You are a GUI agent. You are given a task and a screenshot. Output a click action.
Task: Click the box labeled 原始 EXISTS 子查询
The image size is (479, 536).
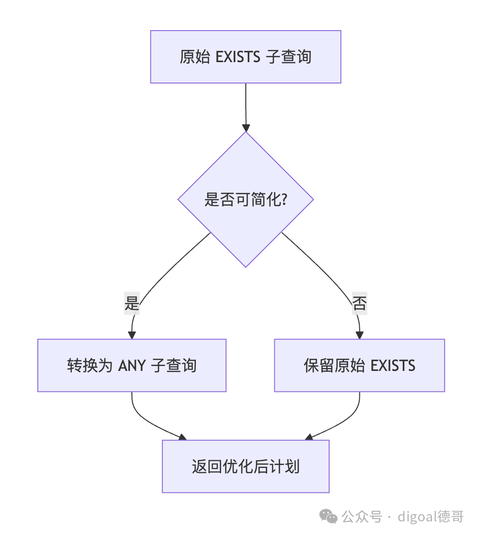pos(245,57)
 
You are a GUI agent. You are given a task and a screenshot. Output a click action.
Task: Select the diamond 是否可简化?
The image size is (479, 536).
pos(245,199)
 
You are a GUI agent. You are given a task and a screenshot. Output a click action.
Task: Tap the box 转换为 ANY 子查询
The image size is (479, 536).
pos(132,366)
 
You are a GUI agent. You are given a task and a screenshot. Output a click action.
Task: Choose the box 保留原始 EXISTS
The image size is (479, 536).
pos(360,366)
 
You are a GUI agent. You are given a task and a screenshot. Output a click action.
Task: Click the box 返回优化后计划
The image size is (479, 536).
pos(245,466)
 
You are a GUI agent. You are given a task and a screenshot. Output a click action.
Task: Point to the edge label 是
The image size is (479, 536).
pos(132,303)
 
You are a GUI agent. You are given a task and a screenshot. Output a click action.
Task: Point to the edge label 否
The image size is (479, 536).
pos(360,303)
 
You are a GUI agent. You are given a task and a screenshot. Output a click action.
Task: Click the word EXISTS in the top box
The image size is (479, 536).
pos(238,57)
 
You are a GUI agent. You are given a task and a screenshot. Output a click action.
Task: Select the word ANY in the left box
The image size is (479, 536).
pos(132,366)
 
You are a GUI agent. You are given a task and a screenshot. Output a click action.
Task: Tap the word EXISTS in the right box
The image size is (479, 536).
pos(393,366)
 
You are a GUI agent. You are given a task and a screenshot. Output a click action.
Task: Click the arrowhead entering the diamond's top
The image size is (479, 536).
pos(246,128)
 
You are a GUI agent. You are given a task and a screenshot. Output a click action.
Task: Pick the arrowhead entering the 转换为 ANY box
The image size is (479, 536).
pos(132,335)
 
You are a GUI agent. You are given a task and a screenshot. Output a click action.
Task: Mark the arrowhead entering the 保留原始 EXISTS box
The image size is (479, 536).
pos(360,335)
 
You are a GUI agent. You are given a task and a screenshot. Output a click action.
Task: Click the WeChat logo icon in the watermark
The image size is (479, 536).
pos(328,516)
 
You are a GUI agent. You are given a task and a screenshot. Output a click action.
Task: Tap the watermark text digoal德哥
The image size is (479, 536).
pos(431,516)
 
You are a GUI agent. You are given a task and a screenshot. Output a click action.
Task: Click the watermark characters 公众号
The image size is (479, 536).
pos(362,516)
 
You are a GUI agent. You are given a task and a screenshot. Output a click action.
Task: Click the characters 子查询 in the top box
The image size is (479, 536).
pos(289,57)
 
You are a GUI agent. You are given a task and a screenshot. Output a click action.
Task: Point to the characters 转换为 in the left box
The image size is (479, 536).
pos(90,366)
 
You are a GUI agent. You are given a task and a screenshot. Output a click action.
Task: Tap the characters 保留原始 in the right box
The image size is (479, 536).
pos(334,366)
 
